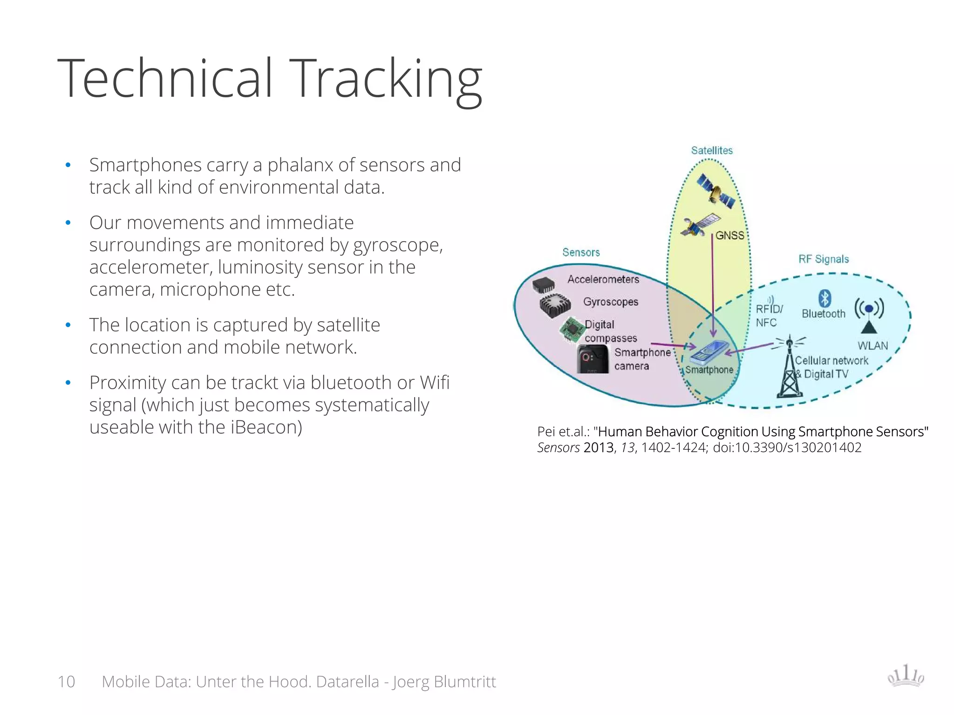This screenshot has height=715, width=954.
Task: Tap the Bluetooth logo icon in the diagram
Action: pyautogui.click(x=825, y=298)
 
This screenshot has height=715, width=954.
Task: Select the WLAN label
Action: pyautogui.click(x=872, y=346)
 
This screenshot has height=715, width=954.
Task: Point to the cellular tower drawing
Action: pyautogui.click(x=789, y=368)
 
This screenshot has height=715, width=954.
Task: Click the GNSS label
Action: pyautogui.click(x=729, y=236)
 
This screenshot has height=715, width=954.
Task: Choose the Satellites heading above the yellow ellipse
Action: pyautogui.click(x=712, y=150)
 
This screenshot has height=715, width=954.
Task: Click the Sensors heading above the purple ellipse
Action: pyautogui.click(x=581, y=252)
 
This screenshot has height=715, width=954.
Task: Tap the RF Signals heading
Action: pyautogui.click(x=824, y=259)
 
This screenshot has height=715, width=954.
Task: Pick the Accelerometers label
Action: pyautogui.click(x=603, y=279)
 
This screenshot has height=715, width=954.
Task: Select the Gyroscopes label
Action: pyautogui.click(x=611, y=302)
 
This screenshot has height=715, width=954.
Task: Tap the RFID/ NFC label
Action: pyautogui.click(x=769, y=316)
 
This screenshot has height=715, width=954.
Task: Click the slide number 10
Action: pyautogui.click(x=66, y=681)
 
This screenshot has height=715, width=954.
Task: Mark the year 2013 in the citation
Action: pyautogui.click(x=599, y=448)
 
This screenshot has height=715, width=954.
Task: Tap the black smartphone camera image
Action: pyautogui.click(x=593, y=359)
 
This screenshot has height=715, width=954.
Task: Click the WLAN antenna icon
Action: pyautogui.click(x=869, y=314)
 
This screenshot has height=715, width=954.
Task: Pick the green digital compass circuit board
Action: pyautogui.click(x=572, y=329)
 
